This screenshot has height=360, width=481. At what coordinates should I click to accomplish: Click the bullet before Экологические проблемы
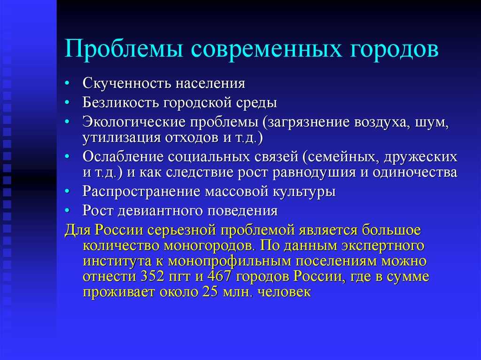click(67, 122)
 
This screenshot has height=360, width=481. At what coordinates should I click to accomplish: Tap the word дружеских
click(420, 157)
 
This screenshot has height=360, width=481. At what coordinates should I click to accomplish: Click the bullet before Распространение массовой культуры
click(67, 191)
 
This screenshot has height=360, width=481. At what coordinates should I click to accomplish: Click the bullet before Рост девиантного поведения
click(67, 210)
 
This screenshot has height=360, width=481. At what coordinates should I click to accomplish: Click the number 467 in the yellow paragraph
click(219, 276)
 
